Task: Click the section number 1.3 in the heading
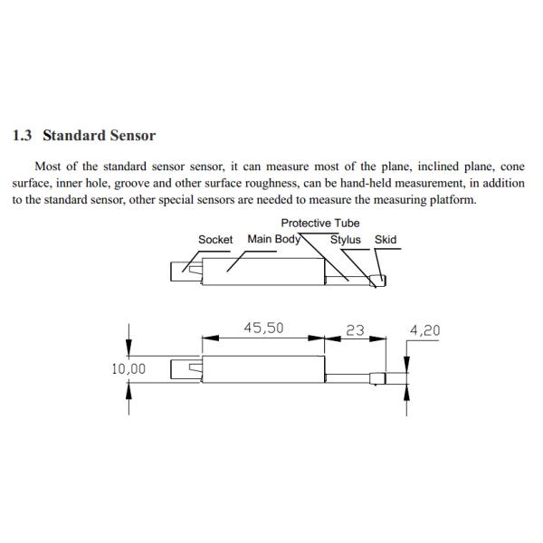(x=24, y=136)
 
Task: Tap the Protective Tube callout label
(x=319, y=223)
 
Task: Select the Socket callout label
(x=215, y=240)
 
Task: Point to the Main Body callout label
(x=273, y=240)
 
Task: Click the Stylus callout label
(x=345, y=240)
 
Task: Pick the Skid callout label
(x=385, y=240)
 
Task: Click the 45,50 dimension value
(x=264, y=329)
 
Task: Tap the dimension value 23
(x=354, y=330)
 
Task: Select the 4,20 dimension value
(x=424, y=330)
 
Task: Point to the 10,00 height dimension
(x=128, y=369)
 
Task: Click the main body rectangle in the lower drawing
(x=262, y=369)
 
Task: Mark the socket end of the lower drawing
(x=186, y=369)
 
